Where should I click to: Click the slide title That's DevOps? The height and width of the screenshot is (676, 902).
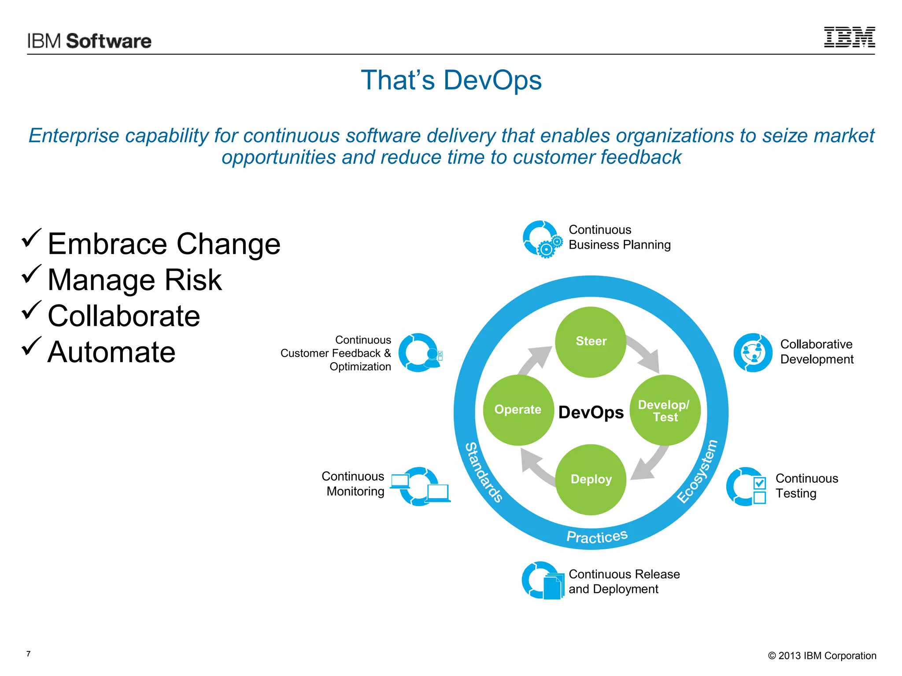451,81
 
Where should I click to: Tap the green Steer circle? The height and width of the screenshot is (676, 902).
591,342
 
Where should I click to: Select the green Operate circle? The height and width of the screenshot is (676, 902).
518,410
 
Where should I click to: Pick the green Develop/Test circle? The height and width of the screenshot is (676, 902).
665,410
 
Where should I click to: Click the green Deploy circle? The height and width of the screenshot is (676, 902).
591,479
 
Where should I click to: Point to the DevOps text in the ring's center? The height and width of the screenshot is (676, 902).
591,412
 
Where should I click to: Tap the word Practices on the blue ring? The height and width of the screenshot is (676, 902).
597,536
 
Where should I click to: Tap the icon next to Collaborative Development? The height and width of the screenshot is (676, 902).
753,353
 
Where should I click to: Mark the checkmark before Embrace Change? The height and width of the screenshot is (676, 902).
31,238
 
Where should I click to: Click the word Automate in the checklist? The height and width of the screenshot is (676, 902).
111,352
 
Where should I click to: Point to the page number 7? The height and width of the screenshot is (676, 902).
29,654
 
